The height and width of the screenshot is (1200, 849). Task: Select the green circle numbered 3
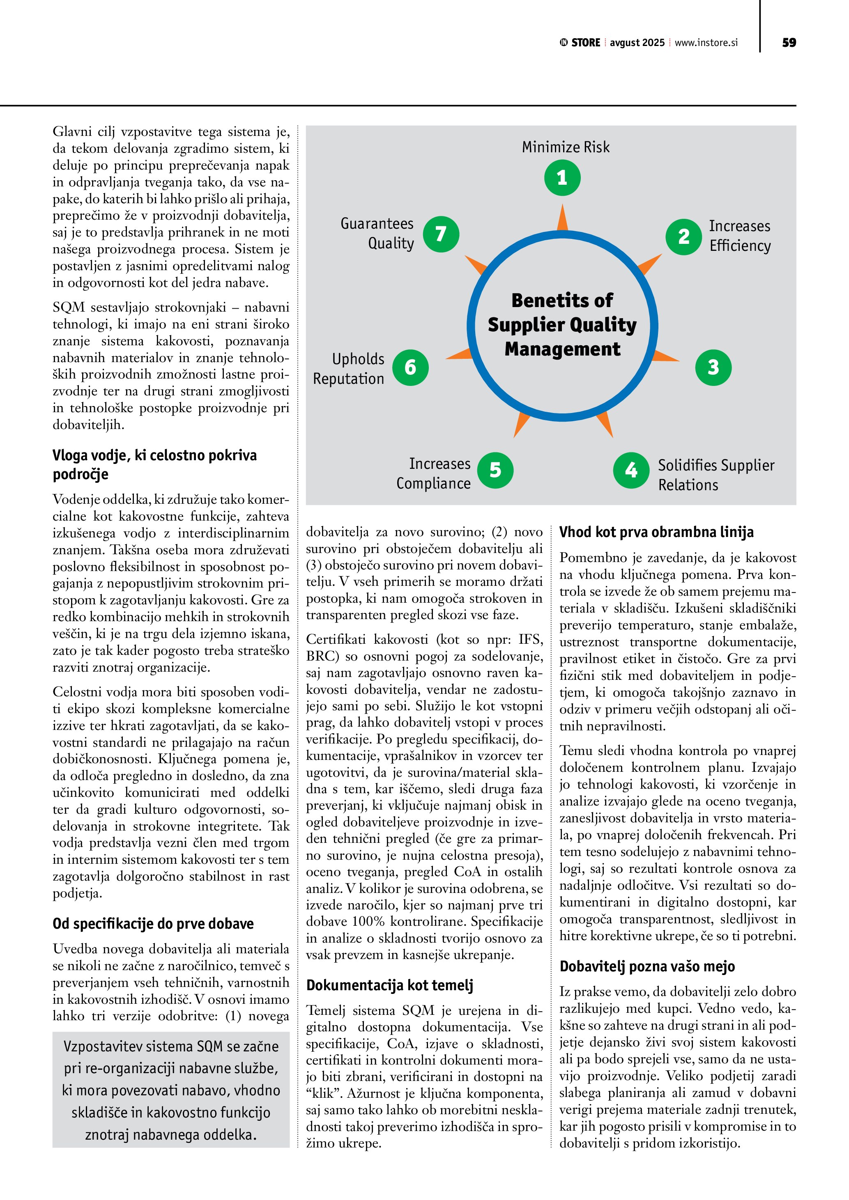pyautogui.click(x=713, y=367)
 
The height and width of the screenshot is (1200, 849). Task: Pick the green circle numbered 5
pyautogui.click(x=495, y=470)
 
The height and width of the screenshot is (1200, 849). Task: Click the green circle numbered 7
pyautogui.click(x=441, y=234)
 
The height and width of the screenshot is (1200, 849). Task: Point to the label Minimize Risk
pyautogui.click(x=566, y=147)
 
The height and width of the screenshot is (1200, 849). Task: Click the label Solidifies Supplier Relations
pyautogui.click(x=716, y=475)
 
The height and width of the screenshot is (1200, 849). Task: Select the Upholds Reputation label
pyautogui.click(x=349, y=369)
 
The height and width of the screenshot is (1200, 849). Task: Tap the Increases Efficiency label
pyautogui.click(x=739, y=236)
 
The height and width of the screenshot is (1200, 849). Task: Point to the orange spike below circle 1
pyautogui.click(x=563, y=218)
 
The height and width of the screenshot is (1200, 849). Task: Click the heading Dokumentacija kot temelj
pyautogui.click(x=389, y=985)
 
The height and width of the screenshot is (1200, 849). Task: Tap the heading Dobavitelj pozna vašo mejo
pyautogui.click(x=647, y=966)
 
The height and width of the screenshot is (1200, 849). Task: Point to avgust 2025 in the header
pyautogui.click(x=637, y=43)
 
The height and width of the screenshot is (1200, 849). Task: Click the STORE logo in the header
pyautogui.click(x=580, y=43)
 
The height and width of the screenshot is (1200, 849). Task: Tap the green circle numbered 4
pyautogui.click(x=631, y=470)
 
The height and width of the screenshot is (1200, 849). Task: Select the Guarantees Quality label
pyautogui.click(x=377, y=234)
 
